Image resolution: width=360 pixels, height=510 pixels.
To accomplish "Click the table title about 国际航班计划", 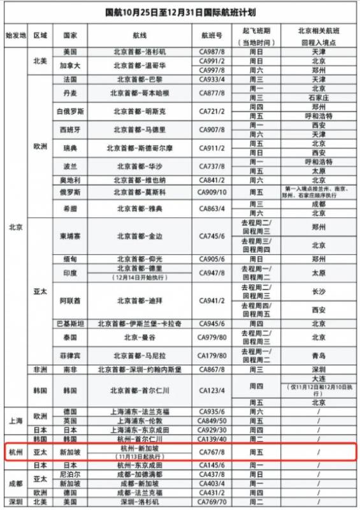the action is click(x=180, y=12).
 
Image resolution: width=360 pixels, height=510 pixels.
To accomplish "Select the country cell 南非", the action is click(x=70, y=369).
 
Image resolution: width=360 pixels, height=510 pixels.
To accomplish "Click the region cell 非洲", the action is click(x=40, y=369).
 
